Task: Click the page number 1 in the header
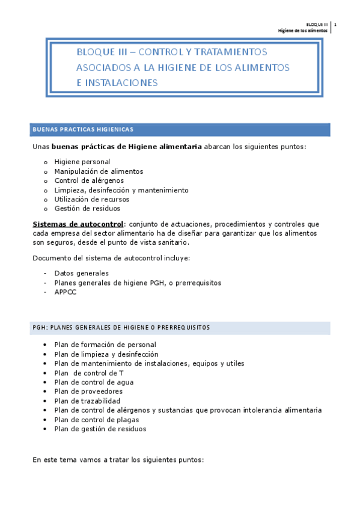[335, 24]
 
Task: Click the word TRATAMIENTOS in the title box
[225, 52]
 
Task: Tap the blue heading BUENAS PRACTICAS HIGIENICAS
[83, 129]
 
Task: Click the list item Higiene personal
[82, 161]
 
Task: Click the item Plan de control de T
[88, 373]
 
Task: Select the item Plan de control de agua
[93, 382]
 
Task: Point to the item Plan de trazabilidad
[87, 401]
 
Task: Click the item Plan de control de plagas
[96, 420]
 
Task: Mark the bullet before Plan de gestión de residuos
[46, 429]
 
